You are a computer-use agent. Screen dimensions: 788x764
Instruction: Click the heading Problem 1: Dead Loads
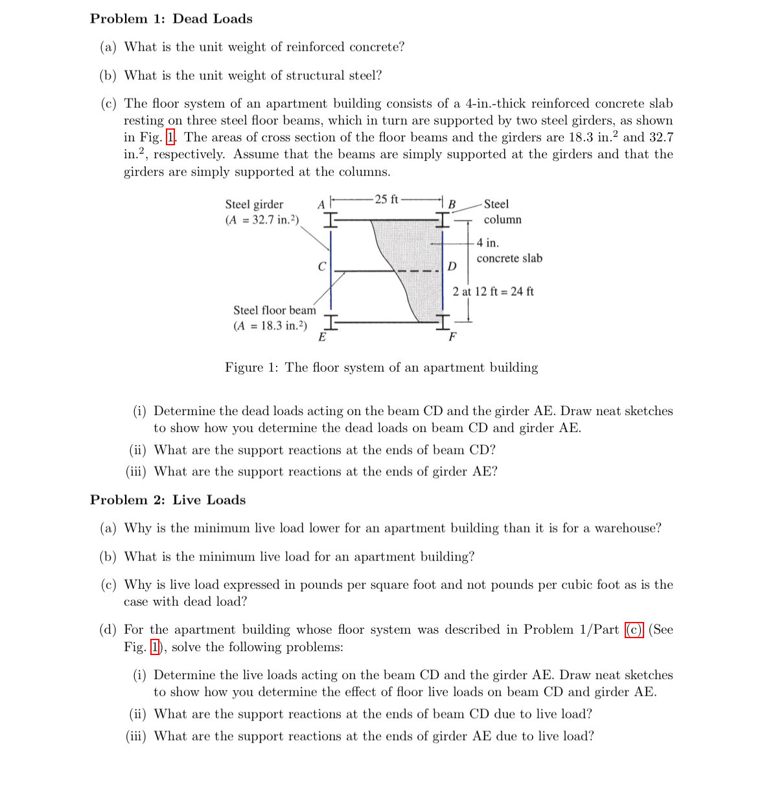[x=171, y=19]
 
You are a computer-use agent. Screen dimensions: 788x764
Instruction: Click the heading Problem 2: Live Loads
[x=168, y=500]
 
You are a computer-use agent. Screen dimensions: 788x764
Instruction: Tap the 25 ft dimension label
[x=386, y=199]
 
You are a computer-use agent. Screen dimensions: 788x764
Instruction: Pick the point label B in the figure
[x=452, y=205]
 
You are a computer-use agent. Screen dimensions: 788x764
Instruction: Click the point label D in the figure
[x=452, y=267]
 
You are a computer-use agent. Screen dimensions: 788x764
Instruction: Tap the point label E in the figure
[x=321, y=337]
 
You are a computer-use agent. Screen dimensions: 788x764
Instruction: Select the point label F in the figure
[x=452, y=337]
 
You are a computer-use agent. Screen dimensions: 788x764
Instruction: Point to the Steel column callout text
[x=502, y=211]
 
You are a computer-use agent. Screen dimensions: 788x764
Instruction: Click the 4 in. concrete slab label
[x=509, y=251]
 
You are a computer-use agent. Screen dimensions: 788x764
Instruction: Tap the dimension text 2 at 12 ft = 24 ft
[x=493, y=291]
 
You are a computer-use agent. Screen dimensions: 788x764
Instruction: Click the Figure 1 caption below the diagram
[x=381, y=368]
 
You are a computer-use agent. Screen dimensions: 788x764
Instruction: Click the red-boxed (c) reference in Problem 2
[x=634, y=630]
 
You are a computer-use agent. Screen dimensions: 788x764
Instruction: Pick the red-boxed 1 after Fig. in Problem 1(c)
[x=171, y=137]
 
